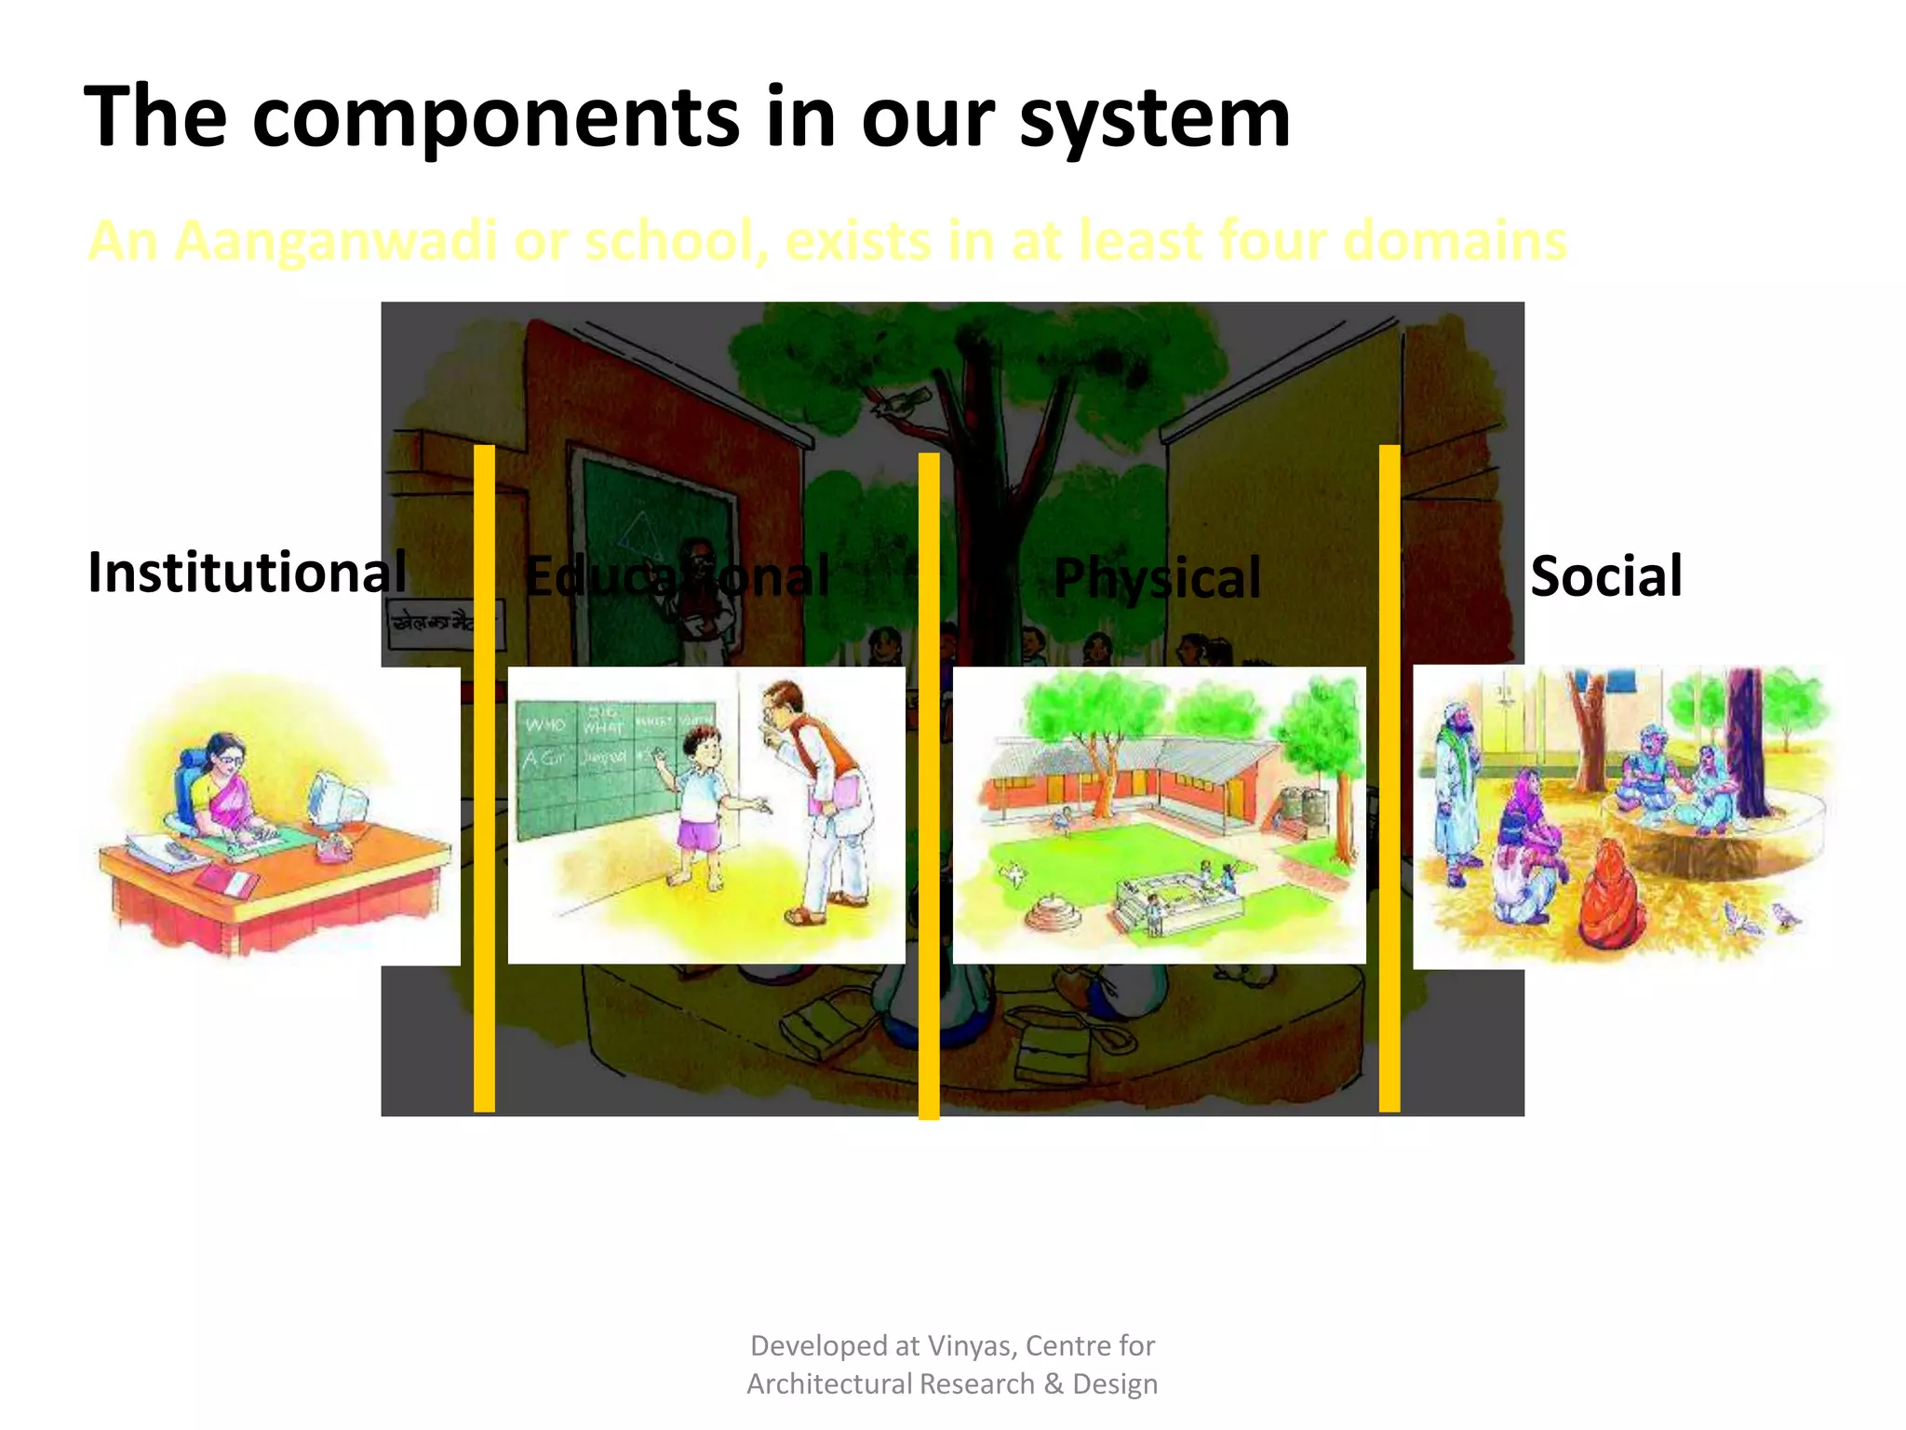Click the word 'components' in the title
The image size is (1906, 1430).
point(496,118)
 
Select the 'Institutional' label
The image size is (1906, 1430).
point(247,572)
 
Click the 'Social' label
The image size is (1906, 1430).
point(1606,576)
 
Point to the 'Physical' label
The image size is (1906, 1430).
point(1157,578)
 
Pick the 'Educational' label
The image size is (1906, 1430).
point(677,576)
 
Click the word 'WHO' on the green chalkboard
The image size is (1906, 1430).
point(545,724)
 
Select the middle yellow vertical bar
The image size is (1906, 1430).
point(929,786)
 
